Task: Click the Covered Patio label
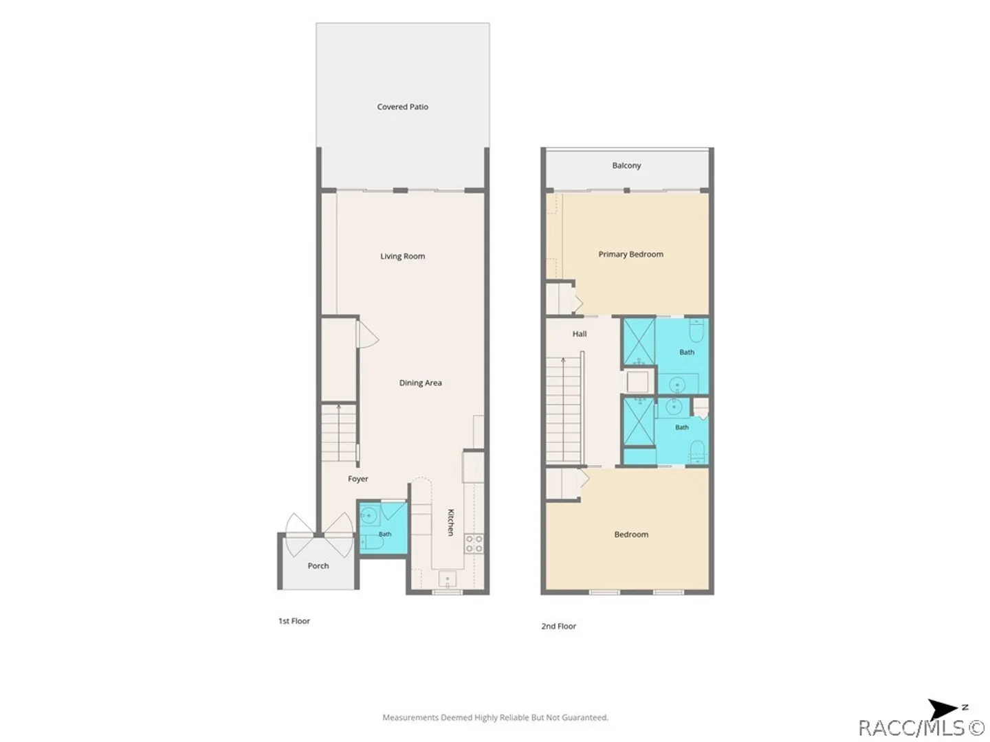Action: [x=402, y=106]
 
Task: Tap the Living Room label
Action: [x=402, y=256]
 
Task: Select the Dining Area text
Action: [x=420, y=383]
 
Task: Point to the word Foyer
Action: [x=357, y=479]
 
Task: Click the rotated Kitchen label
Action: [x=450, y=522]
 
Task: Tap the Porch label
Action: [x=318, y=566]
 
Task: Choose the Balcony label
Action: [x=626, y=166]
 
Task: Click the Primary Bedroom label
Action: [x=630, y=254]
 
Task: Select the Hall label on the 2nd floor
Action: [x=580, y=334]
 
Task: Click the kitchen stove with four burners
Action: [x=474, y=543]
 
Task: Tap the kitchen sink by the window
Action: [x=448, y=579]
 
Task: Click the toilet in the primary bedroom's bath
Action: [x=697, y=330]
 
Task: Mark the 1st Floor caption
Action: [x=294, y=621]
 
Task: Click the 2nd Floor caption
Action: [x=559, y=626]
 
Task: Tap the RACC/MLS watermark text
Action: [x=921, y=728]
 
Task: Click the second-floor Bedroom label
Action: [x=631, y=535]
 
